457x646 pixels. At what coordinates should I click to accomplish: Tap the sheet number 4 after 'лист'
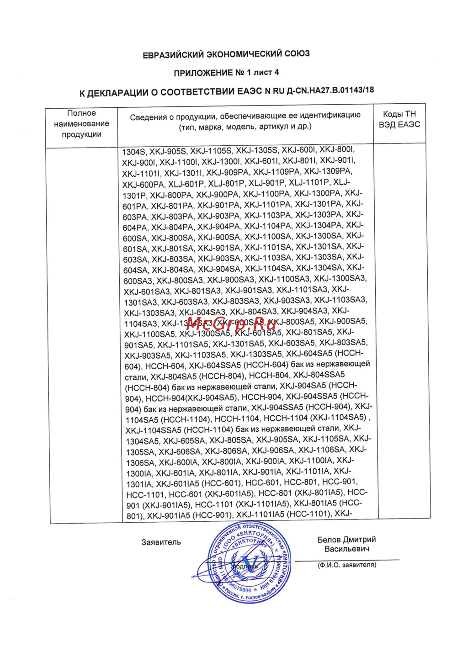(x=276, y=72)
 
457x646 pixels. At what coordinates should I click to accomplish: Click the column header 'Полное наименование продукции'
(x=81, y=123)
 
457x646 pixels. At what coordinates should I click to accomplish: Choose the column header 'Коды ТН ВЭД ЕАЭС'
(x=399, y=119)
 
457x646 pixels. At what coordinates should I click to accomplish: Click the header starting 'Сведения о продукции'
(x=245, y=121)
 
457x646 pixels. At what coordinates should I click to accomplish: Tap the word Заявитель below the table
(x=161, y=542)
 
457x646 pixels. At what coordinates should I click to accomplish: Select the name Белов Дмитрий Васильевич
(x=347, y=544)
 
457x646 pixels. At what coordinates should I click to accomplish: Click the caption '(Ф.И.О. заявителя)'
(x=347, y=565)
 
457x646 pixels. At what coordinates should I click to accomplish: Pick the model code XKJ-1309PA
(x=328, y=171)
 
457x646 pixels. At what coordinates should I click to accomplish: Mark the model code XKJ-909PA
(x=227, y=173)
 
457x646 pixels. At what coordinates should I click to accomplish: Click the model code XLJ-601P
(x=186, y=184)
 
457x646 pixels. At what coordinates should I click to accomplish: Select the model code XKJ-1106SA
(x=322, y=450)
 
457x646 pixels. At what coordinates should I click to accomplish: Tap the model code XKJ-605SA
(x=184, y=440)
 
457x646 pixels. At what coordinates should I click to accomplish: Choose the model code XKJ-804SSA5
(x=319, y=375)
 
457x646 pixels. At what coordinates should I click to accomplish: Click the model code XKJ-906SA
(x=273, y=450)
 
